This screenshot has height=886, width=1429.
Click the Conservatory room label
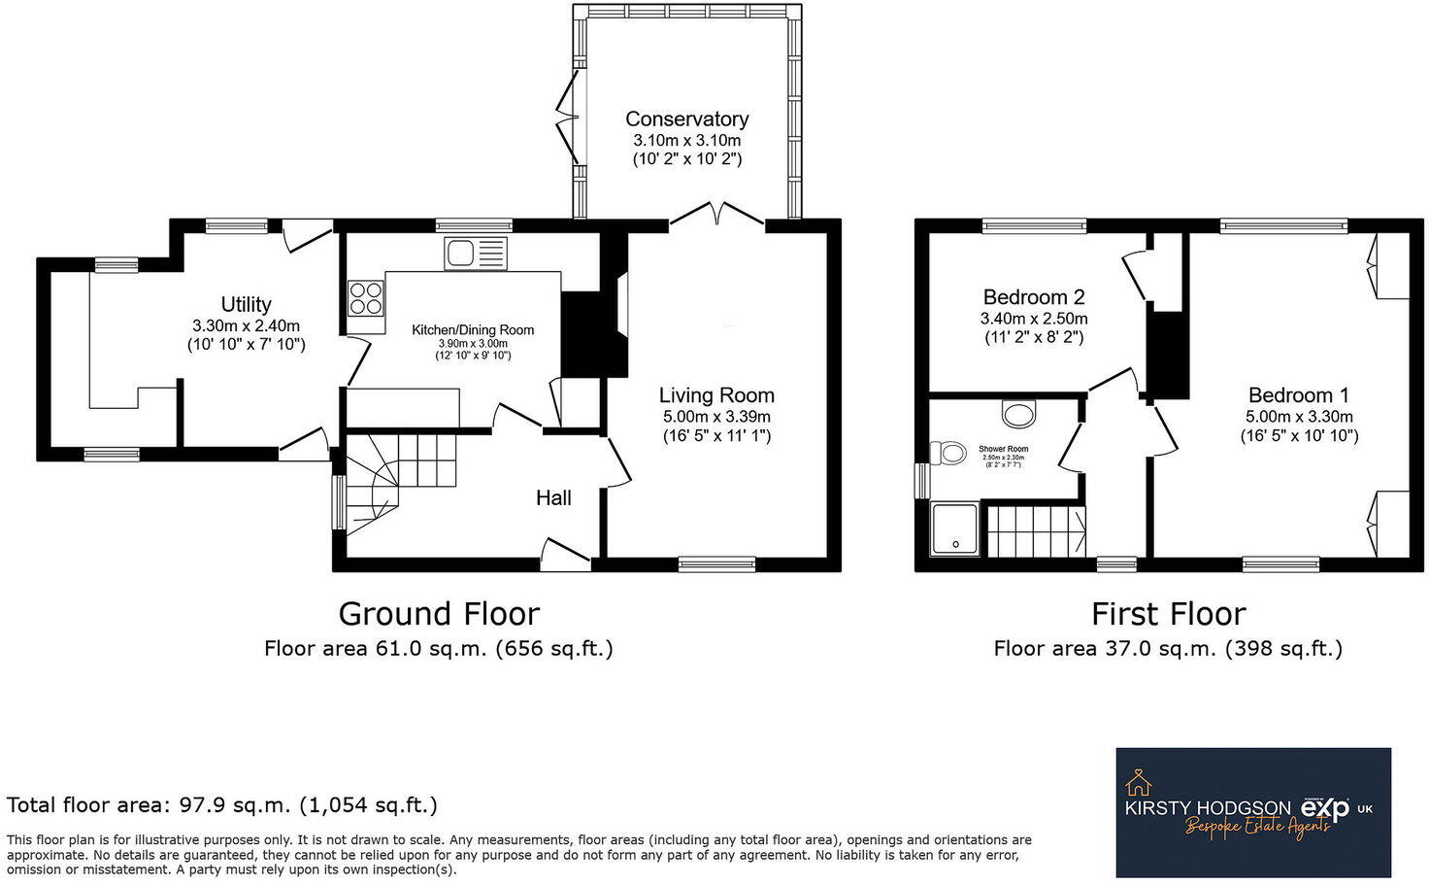686,119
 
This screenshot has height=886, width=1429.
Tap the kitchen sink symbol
475,254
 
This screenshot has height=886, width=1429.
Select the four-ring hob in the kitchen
366,297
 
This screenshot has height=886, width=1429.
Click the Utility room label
246,304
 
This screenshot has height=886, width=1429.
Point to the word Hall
553,498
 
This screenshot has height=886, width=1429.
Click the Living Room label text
716,395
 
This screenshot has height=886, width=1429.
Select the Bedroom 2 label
1034,297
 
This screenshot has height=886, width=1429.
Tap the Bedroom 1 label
1299,395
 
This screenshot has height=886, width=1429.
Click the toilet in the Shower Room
948,453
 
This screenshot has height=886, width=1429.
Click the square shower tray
955,529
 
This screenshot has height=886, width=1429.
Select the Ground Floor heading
439,614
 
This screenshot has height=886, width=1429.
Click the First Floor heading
1168,614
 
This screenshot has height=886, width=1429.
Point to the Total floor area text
222,805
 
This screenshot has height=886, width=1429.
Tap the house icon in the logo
1138,782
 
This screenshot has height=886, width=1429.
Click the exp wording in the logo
1325,808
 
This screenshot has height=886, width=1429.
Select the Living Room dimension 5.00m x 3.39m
716,417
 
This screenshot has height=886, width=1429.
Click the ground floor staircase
398,476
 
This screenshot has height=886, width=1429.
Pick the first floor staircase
1036,531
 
